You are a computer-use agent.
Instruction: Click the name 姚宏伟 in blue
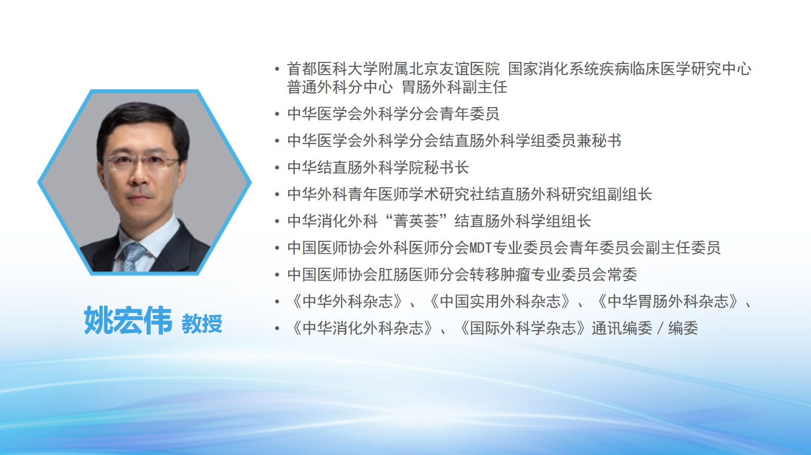128,320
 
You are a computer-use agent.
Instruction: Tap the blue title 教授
202,324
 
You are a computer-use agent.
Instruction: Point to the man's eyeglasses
141,162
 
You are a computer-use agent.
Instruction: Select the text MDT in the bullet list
480,248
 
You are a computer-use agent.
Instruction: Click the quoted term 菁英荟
416,221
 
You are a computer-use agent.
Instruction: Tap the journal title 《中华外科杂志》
347,301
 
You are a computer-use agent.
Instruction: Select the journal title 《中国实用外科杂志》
500,301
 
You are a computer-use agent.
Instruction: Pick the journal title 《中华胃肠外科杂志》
667,301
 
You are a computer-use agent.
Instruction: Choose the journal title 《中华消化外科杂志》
362,328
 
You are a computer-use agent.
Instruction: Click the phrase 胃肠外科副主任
454,87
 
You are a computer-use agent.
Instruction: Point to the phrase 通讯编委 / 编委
644,328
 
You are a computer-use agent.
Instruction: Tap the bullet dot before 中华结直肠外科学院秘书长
277,168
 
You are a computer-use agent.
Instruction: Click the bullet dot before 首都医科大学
277,69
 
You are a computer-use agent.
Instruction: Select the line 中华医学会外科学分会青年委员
394,114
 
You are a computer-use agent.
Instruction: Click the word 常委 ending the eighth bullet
622,274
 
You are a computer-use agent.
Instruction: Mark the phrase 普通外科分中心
340,87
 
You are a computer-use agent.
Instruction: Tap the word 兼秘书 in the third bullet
599,141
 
